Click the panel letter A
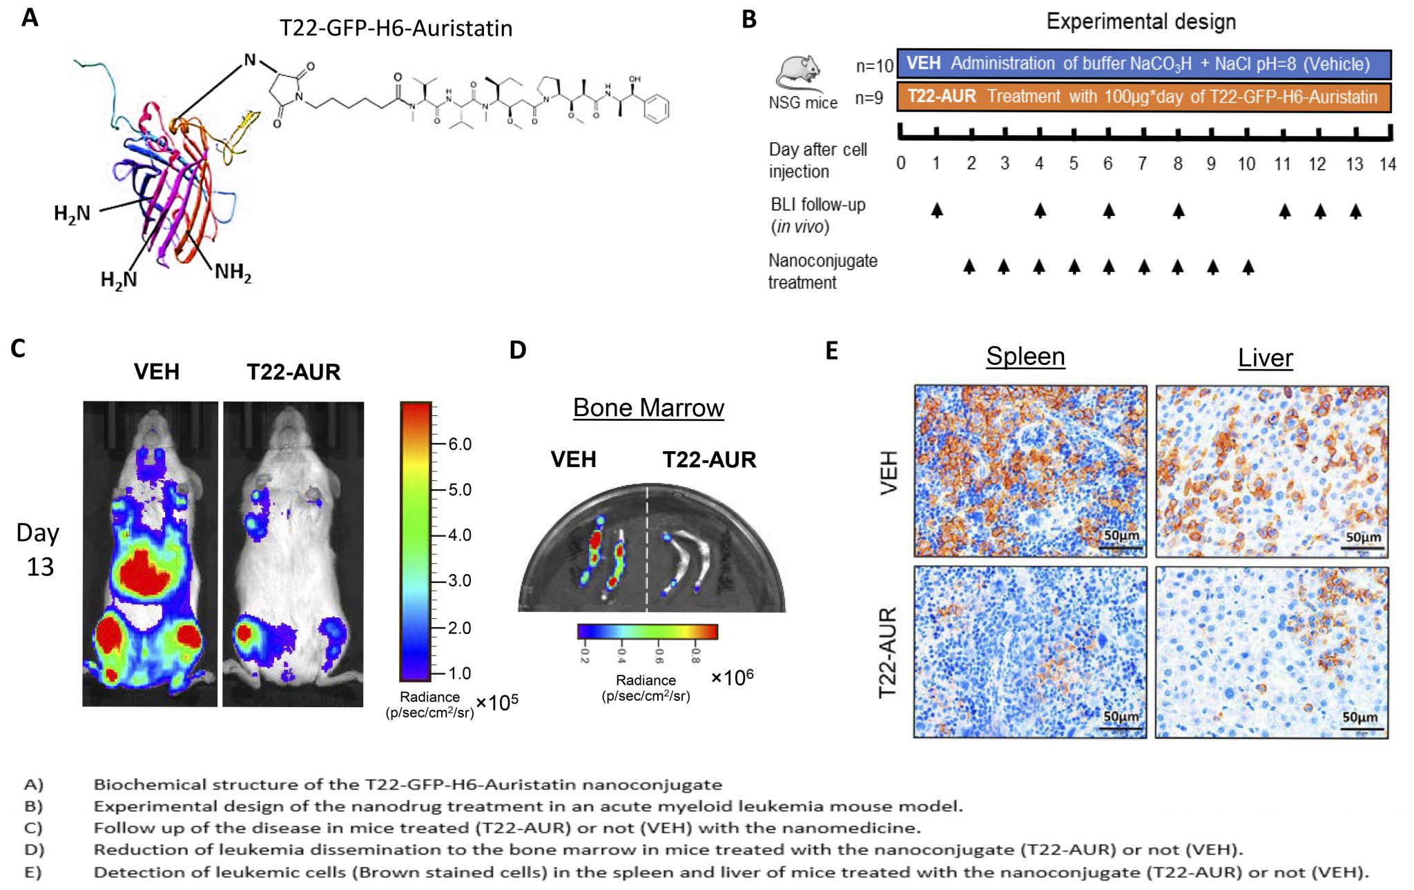30,18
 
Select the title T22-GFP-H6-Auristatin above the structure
396,28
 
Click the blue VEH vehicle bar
1143,64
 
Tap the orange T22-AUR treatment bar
1143,97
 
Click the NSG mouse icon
800,73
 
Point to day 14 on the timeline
1388,164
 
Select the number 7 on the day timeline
1143,164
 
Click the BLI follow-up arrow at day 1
936,210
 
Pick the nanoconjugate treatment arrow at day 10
1248,266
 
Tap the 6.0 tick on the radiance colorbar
459,444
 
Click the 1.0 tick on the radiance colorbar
459,673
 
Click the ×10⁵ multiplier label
497,702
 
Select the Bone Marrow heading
648,408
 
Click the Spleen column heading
1025,356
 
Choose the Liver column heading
1265,357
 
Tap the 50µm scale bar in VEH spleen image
1121,546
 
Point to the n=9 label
869,98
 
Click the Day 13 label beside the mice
39,550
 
